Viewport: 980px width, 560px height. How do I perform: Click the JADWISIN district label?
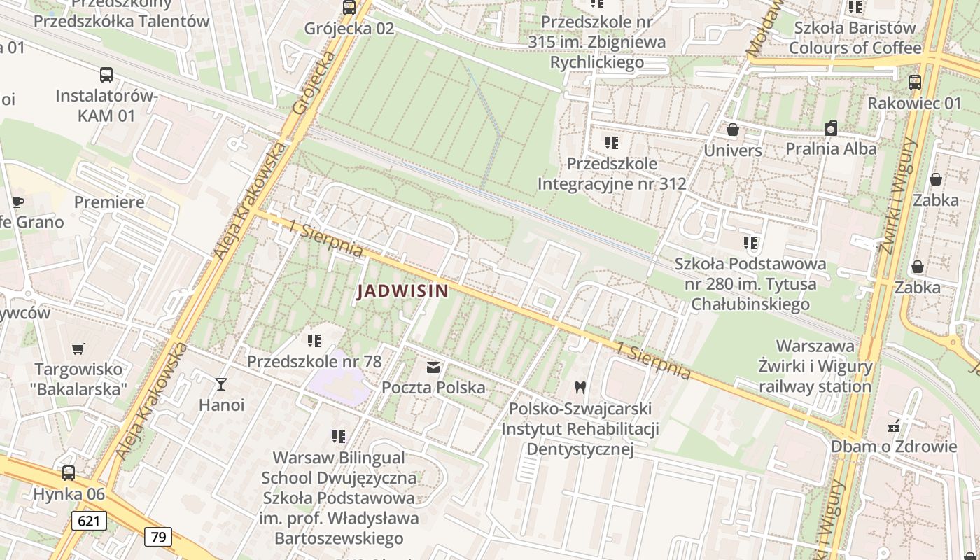402,290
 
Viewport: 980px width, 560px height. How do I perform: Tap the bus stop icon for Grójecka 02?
349,8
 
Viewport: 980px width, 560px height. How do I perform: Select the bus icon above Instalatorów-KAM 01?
106,75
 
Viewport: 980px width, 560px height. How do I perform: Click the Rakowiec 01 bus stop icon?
915,82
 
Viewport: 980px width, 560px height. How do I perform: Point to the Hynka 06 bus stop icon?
69,473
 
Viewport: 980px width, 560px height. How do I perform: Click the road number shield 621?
89,521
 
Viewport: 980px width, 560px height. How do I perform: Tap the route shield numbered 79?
158,537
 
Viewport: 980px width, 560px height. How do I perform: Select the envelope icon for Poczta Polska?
433,367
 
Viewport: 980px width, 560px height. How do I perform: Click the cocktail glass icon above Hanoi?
221,384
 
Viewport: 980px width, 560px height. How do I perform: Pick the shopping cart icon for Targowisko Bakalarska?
78,349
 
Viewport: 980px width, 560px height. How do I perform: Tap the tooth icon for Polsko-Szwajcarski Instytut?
580,387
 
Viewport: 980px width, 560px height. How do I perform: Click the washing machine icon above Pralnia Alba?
831,128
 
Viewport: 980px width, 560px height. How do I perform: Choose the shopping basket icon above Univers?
733,129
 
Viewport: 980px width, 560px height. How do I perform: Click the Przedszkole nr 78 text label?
314,362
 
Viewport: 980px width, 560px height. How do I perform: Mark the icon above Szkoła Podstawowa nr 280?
750,243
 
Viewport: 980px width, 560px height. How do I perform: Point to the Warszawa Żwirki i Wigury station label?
815,366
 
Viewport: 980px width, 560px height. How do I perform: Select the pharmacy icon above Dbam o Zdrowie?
894,426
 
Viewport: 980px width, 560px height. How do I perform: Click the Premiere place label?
109,202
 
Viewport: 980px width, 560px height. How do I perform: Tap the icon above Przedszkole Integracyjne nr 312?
612,143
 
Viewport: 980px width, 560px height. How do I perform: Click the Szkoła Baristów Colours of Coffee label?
855,38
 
